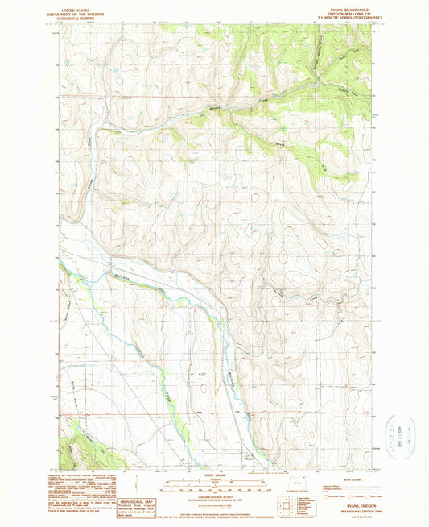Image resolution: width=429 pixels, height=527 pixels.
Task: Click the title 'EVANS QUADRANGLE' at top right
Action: click(x=344, y=8)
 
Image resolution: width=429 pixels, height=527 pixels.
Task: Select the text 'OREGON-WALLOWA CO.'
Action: click(x=344, y=12)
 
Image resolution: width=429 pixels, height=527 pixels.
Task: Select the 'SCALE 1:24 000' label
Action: click(x=213, y=475)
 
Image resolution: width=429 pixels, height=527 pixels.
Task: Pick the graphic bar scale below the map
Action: click(x=213, y=484)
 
